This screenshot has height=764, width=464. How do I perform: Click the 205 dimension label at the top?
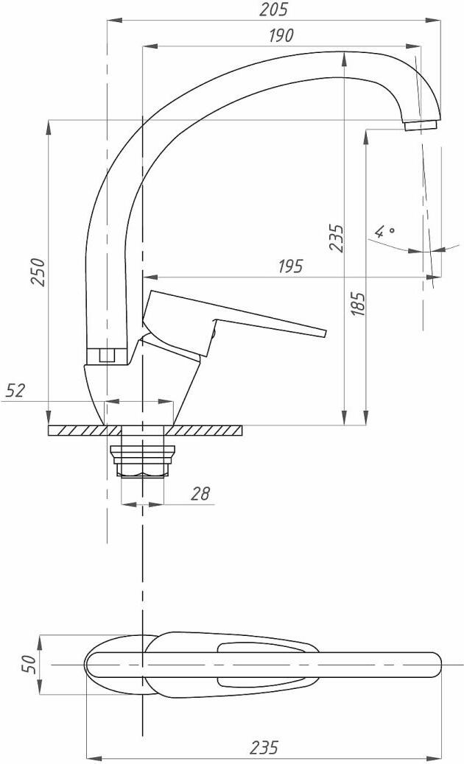tap(273, 10)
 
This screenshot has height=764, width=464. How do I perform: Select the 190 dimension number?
tap(281, 35)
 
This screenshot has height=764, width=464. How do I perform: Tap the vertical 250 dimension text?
tap(38, 273)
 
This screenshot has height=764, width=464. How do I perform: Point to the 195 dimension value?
tap(290, 266)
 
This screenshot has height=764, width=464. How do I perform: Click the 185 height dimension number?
tap(359, 305)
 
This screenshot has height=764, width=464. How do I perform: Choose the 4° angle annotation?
tap(384, 231)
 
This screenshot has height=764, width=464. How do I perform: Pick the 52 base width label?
tap(15, 391)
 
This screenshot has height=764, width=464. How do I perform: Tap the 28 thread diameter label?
tap(200, 494)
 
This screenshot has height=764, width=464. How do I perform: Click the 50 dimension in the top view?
tap(29, 664)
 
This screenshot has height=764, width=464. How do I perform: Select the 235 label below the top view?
tap(264, 747)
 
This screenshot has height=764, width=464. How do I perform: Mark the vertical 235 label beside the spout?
tap(337, 238)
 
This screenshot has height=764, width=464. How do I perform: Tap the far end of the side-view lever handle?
tap(324, 333)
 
